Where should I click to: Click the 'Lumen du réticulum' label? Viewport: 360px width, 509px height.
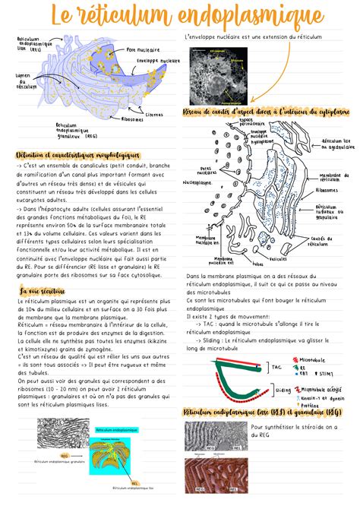26,80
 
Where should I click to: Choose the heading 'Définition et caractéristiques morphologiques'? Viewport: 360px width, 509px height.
76,153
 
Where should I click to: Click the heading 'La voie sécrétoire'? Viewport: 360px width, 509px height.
43,290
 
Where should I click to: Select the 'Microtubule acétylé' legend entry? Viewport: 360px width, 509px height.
320,389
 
